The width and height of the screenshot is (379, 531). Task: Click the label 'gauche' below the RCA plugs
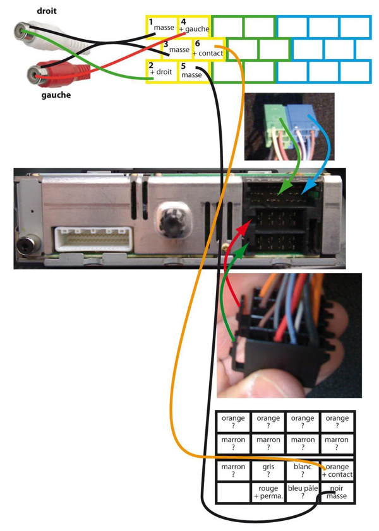click(x=56, y=95)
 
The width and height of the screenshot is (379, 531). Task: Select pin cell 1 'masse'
click(x=162, y=26)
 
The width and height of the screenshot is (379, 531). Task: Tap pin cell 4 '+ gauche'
click(x=194, y=26)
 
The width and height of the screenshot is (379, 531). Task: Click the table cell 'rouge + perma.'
click(x=268, y=493)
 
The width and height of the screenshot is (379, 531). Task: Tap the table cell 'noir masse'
click(x=337, y=493)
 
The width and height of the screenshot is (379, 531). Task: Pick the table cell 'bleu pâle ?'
click(x=303, y=493)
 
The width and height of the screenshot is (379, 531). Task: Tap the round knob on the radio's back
click(x=170, y=220)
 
